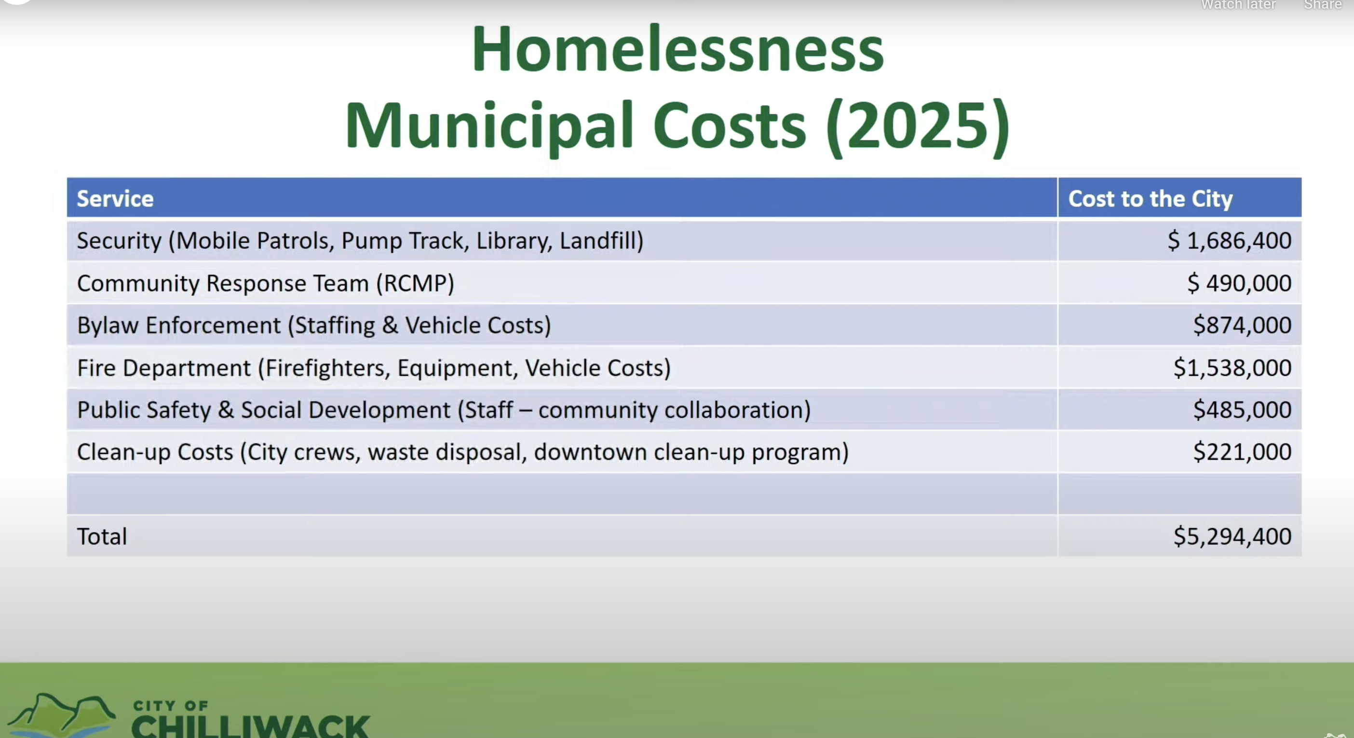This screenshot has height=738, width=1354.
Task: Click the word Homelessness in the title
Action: (x=677, y=49)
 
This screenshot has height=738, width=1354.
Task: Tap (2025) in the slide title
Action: (x=918, y=126)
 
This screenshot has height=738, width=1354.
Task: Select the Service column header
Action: (x=115, y=199)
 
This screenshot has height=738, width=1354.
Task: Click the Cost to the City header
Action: (x=1150, y=199)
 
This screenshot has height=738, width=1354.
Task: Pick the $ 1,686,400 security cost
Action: (x=1230, y=241)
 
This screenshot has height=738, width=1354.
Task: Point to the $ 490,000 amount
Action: (x=1239, y=283)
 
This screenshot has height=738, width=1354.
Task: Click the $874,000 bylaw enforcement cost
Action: (x=1242, y=326)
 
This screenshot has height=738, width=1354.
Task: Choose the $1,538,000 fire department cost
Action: (x=1232, y=368)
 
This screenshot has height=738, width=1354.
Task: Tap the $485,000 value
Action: (x=1242, y=410)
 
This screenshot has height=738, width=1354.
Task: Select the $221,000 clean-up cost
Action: (x=1242, y=451)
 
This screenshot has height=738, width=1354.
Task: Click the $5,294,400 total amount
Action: (x=1232, y=536)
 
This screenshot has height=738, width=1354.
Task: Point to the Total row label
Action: (x=102, y=536)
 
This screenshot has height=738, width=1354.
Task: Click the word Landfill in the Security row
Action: (x=598, y=240)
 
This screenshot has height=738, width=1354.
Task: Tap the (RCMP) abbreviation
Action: (x=415, y=283)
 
